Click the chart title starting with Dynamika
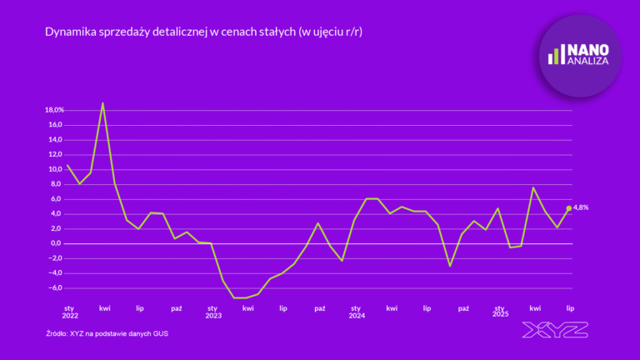click(207, 32)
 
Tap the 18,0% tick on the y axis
click(54, 110)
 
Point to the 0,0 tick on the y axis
click(56, 243)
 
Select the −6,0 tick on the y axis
click(55, 288)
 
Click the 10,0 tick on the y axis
click(56, 169)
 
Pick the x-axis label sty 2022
click(69, 312)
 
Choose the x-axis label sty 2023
click(212, 312)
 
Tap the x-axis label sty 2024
click(357, 312)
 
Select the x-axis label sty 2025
click(500, 312)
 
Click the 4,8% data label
click(582, 207)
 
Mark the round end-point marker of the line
click(569, 208)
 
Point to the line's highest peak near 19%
click(102, 103)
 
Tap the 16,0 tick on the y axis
click(56, 125)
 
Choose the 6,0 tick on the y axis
click(56, 199)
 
